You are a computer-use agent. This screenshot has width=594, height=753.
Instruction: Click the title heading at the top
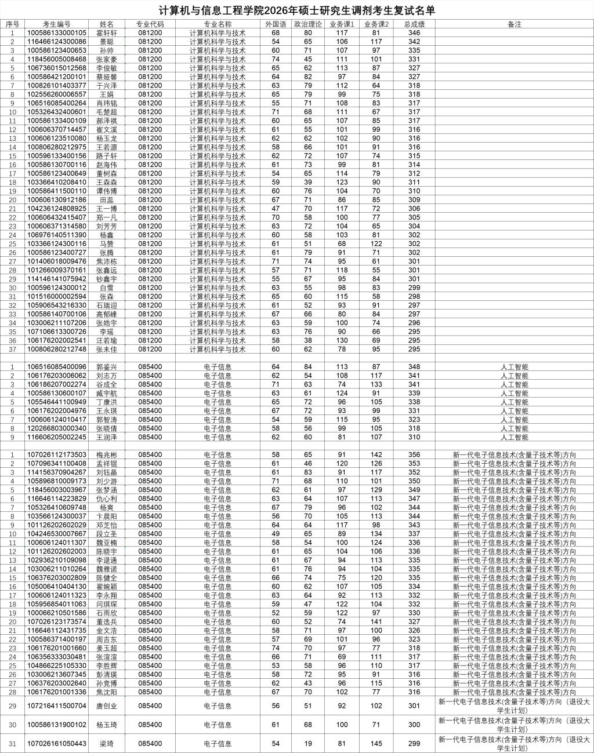[x=296, y=10]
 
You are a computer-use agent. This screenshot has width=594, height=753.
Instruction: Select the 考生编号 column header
[x=57, y=24]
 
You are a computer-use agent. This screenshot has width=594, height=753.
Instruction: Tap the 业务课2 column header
[x=376, y=24]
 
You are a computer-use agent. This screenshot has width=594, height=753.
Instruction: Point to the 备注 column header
[x=514, y=24]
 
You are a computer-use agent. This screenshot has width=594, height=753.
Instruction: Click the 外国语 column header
[x=276, y=24]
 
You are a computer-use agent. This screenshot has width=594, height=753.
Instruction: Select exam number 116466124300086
[x=57, y=42]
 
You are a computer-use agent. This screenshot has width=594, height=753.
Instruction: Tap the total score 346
[x=414, y=33]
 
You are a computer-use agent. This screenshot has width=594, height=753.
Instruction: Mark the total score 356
[x=414, y=455]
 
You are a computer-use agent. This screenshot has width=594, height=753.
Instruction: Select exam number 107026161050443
[x=57, y=744]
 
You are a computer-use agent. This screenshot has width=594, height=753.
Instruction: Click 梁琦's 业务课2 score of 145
[x=376, y=744]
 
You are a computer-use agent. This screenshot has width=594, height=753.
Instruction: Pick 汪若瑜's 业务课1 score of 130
[x=342, y=340]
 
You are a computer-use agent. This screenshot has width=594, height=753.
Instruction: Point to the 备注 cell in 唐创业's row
[x=514, y=706]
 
